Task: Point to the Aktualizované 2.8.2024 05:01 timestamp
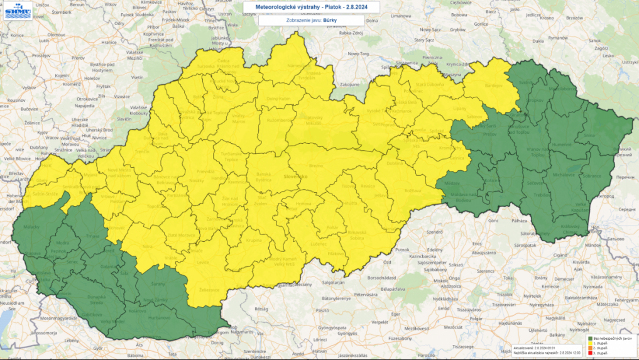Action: click(x=537, y=347)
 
